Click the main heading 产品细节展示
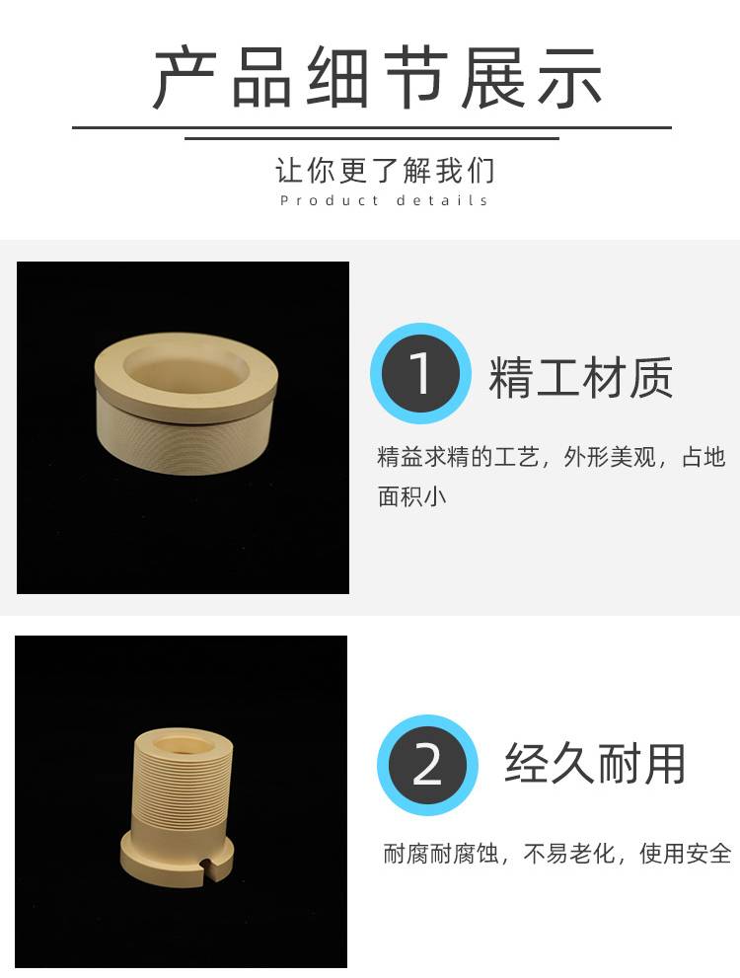click(x=377, y=78)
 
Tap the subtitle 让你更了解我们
click(x=385, y=171)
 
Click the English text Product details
click(x=384, y=201)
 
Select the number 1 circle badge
click(x=420, y=373)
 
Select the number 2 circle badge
click(x=427, y=765)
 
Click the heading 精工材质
click(x=580, y=378)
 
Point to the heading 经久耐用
click(x=595, y=764)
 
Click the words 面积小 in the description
click(x=412, y=496)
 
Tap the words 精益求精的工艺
click(x=458, y=457)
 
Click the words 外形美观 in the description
click(x=610, y=457)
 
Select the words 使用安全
click(x=685, y=854)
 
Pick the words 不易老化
click(x=569, y=854)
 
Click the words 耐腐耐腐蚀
click(x=441, y=854)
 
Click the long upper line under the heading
click(x=372, y=127)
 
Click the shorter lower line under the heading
click(x=372, y=138)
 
